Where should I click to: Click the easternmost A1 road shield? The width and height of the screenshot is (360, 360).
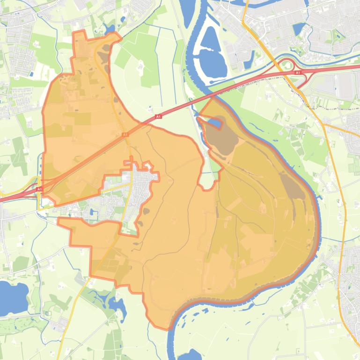click(298, 73)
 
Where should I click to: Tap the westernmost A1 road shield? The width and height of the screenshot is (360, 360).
click(39, 189)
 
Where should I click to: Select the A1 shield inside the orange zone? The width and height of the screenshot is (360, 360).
click(125, 135)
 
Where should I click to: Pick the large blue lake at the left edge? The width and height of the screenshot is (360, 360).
click(10, 297)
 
